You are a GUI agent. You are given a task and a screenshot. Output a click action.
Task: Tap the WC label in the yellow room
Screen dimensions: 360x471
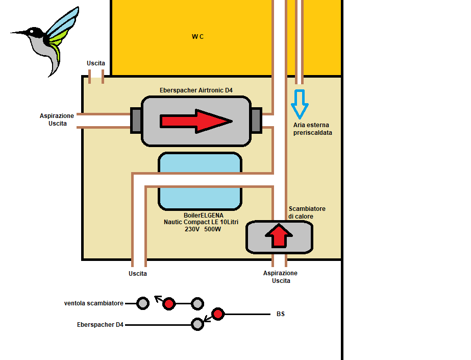click(x=197, y=36)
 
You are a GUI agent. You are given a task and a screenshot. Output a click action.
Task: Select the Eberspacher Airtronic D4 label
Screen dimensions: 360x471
click(x=196, y=90)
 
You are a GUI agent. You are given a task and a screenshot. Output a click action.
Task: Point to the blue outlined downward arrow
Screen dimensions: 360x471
click(x=300, y=104)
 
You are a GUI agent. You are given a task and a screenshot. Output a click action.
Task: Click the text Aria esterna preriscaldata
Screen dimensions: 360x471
click(x=311, y=129)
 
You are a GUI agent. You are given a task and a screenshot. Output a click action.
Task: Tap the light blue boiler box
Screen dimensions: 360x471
click(x=200, y=181)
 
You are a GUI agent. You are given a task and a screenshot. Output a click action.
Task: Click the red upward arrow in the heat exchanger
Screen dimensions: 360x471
click(x=279, y=236)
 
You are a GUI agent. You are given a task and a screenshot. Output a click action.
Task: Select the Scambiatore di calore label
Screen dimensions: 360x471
click(x=307, y=212)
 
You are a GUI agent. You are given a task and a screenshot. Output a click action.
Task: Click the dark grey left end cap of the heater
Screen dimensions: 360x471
click(x=136, y=121)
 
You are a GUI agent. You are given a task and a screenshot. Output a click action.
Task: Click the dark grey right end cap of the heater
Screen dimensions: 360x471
click(x=256, y=121)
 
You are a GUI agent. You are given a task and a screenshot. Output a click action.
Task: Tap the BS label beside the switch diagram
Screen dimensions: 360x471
click(x=281, y=314)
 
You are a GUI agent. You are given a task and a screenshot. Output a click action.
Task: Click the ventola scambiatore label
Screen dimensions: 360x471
click(x=94, y=303)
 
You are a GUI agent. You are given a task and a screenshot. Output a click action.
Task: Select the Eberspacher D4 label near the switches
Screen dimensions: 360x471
click(x=101, y=324)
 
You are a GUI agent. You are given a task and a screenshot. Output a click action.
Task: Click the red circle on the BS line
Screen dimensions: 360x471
click(x=218, y=314)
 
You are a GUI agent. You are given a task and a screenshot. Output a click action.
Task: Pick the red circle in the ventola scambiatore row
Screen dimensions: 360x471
click(x=169, y=304)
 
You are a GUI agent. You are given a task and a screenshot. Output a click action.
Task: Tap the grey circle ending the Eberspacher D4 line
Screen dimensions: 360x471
click(x=197, y=324)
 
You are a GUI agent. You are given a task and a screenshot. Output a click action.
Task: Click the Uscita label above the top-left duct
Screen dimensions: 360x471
click(x=96, y=63)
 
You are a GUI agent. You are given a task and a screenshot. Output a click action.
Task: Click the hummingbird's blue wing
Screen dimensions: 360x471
click(x=64, y=23)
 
